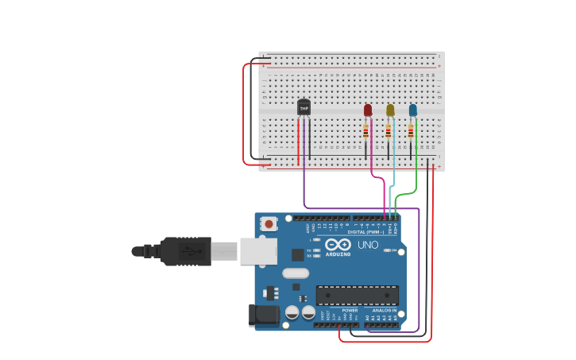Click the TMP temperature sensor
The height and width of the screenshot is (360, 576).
[303, 107]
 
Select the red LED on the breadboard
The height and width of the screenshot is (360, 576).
[367, 110]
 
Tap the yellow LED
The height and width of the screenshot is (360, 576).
[390, 110]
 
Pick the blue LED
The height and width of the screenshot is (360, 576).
[412, 110]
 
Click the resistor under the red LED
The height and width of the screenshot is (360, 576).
[365, 130]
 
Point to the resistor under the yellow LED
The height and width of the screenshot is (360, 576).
[389, 130]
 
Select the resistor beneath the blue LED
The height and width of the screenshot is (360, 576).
[411, 130]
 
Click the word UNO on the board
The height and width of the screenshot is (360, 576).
[369, 245]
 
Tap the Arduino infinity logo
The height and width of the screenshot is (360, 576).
[338, 245]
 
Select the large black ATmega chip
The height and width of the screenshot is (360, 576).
[358, 296]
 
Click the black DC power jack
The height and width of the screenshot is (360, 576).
[264, 315]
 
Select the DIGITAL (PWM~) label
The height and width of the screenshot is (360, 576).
[365, 232]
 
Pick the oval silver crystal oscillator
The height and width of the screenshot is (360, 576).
[295, 273]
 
